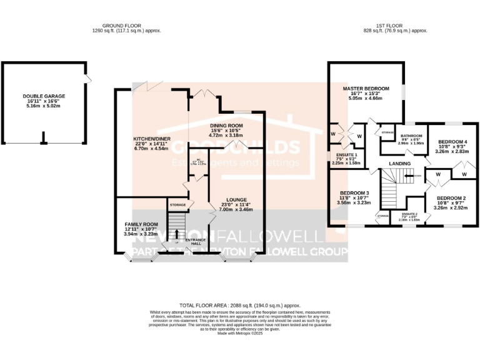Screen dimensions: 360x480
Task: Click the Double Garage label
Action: [x=44, y=97]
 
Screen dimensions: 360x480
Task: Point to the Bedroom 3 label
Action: [x=354, y=193]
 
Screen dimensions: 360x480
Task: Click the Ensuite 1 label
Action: [x=346, y=154]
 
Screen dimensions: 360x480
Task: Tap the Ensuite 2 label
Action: [x=409, y=214]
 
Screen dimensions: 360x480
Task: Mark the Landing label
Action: [x=400, y=164]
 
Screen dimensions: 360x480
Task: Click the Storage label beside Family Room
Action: [x=177, y=204]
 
